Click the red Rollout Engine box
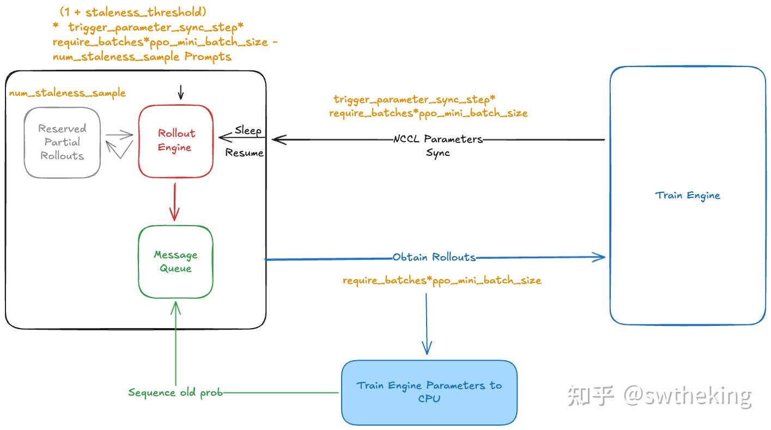point(175,141)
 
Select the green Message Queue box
point(175,262)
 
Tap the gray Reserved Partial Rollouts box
point(62,142)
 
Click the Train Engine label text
point(687,195)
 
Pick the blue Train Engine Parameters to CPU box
point(429,392)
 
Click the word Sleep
point(248,131)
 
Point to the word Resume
point(244,153)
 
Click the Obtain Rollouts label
point(434,257)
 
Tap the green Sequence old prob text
point(175,392)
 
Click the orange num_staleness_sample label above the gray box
point(67,93)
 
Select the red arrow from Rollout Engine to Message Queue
point(175,202)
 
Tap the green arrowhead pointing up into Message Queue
point(175,306)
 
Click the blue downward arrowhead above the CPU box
point(427,348)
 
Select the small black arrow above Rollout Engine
point(181,93)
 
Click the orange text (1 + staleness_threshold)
point(133,11)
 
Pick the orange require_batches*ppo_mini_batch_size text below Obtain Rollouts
point(441,281)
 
